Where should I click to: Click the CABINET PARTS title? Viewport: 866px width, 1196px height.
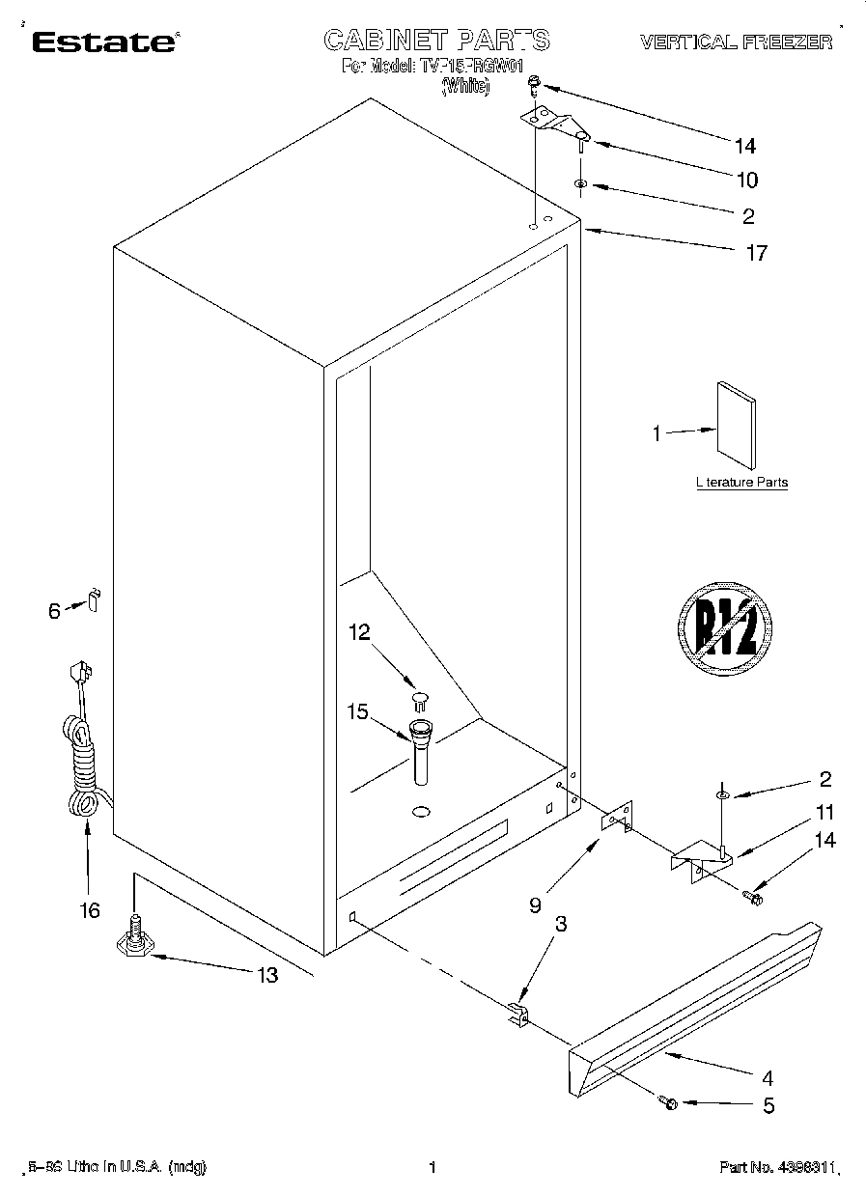436,40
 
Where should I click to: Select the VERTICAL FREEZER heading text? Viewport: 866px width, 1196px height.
736,42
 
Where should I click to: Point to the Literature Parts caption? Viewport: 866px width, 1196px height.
741,483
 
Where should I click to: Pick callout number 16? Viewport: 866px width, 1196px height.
89,910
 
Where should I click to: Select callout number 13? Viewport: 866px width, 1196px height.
266,975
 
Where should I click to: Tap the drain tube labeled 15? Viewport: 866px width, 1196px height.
421,753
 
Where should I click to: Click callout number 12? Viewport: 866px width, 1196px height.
359,632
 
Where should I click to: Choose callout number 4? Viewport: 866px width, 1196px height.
768,1078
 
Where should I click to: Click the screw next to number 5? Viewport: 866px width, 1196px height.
668,1101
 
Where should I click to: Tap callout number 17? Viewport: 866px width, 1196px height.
756,253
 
